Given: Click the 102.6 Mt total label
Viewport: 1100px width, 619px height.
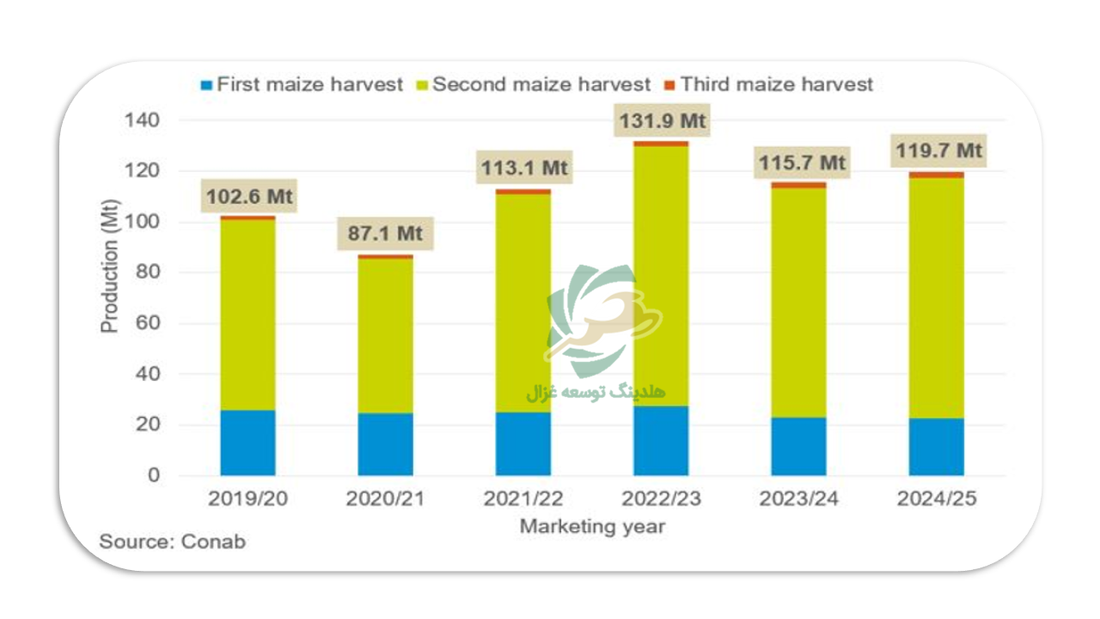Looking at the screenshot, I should [x=249, y=197].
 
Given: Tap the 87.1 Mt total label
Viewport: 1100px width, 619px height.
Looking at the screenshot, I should [x=386, y=234].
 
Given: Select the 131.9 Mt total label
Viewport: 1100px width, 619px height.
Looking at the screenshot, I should [x=663, y=121].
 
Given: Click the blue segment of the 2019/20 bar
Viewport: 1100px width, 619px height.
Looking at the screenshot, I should [x=247, y=443].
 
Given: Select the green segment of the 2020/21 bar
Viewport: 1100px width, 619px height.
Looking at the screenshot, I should [x=386, y=335].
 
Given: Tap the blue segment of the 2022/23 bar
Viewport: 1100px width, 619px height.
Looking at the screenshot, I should [x=661, y=440].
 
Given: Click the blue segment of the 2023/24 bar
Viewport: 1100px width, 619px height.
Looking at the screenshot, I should [x=798, y=446].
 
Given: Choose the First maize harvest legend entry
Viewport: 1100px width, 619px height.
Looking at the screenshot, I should [x=302, y=85].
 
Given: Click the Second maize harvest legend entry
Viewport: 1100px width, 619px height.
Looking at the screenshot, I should [x=533, y=85].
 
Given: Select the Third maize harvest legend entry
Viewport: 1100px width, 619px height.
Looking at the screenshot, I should [x=768, y=85].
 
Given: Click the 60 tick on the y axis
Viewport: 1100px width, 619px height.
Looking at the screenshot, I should [x=149, y=324].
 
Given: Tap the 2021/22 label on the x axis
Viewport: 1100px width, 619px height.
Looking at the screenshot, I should [x=523, y=499].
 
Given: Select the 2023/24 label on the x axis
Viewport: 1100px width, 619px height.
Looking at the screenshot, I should [x=798, y=499].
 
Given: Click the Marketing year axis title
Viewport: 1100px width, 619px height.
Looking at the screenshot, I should [x=592, y=526].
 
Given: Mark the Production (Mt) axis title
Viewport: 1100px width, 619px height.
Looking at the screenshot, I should [x=110, y=273].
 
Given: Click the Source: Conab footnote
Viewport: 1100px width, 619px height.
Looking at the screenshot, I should [x=172, y=542].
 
